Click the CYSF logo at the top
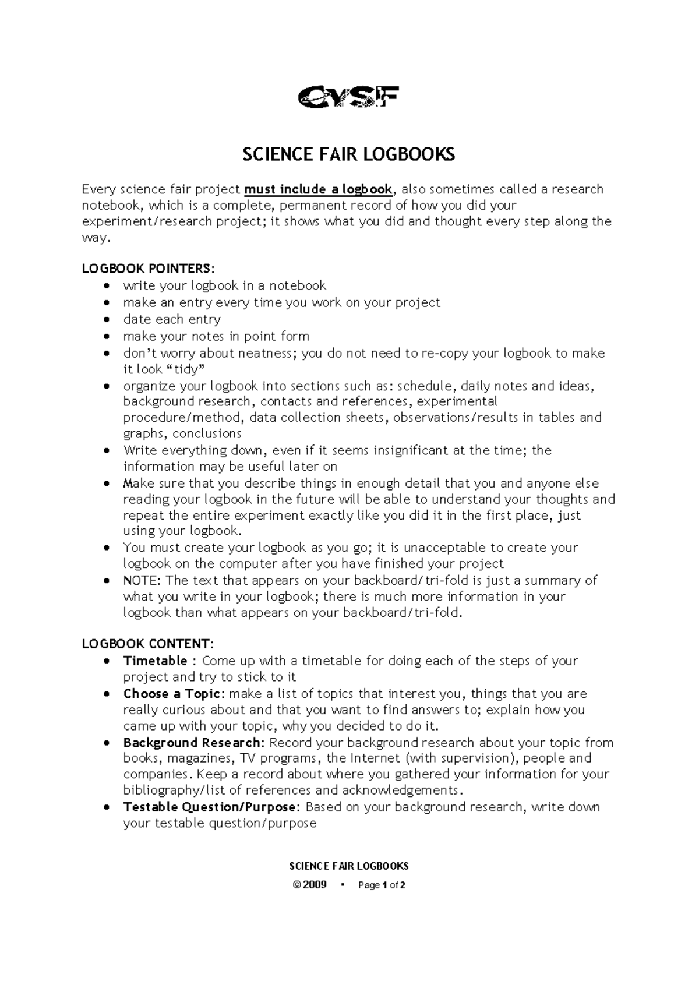(x=348, y=97)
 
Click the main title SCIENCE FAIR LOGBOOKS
(x=348, y=155)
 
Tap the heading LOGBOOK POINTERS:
(x=149, y=269)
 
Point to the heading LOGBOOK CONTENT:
(x=148, y=644)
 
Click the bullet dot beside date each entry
(x=105, y=320)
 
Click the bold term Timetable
(x=155, y=661)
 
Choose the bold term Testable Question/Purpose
(x=212, y=807)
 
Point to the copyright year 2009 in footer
(x=314, y=885)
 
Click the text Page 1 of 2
(x=382, y=885)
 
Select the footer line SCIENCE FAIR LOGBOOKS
(x=348, y=866)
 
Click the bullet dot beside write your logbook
(x=105, y=286)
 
